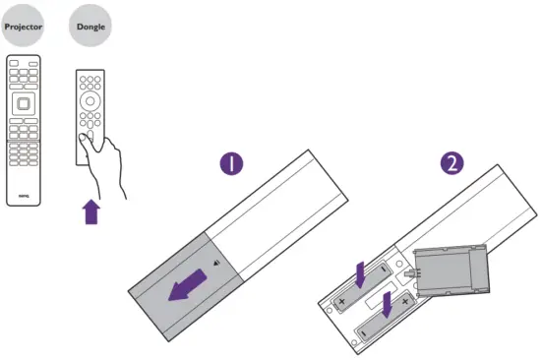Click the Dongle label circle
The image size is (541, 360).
point(91,28)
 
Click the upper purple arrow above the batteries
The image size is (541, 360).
point(361,274)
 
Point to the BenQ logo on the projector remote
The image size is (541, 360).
point(26,195)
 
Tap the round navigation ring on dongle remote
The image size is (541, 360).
point(91,101)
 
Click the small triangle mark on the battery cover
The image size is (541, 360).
point(215,264)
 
